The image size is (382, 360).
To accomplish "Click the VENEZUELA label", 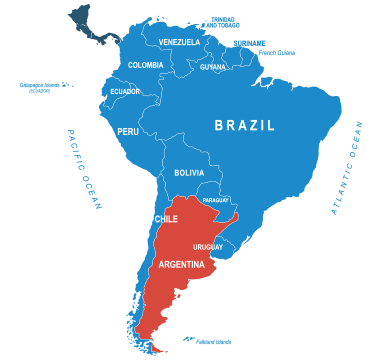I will coord(179,42).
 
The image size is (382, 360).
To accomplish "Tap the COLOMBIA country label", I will coord(146,65).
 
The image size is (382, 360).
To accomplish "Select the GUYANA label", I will coord(213,67).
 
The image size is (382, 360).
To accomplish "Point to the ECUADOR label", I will coord(125,91).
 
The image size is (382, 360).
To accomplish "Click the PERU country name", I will coord(128,131).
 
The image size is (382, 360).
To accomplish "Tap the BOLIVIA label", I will coord(189,173).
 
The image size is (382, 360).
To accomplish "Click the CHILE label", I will coord(166,219).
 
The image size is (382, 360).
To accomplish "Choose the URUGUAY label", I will coord(208,246).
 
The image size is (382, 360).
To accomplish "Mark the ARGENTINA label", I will coord(181,265).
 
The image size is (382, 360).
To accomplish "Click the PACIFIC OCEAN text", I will coord(85,170).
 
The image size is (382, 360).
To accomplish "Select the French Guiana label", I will coord(277,52).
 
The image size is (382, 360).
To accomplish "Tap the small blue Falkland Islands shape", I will coord(189,338).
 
